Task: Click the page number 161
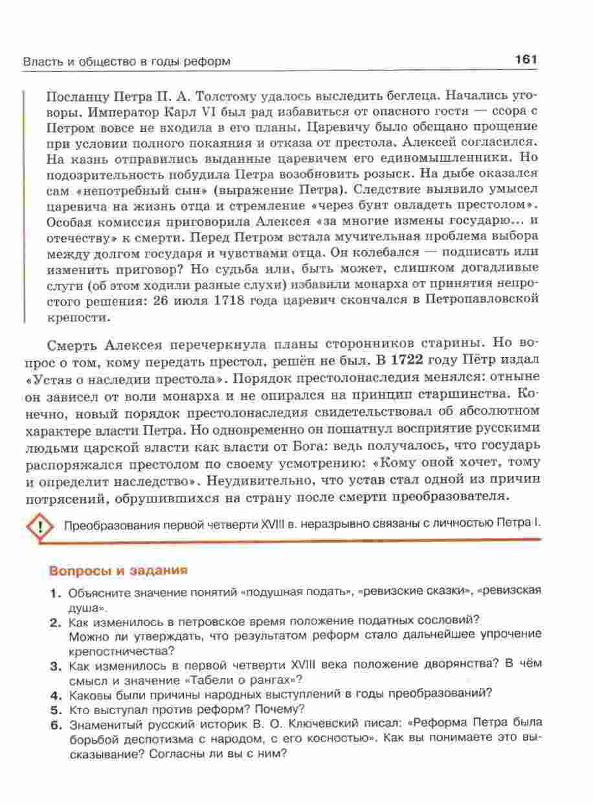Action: pyautogui.click(x=526, y=60)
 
